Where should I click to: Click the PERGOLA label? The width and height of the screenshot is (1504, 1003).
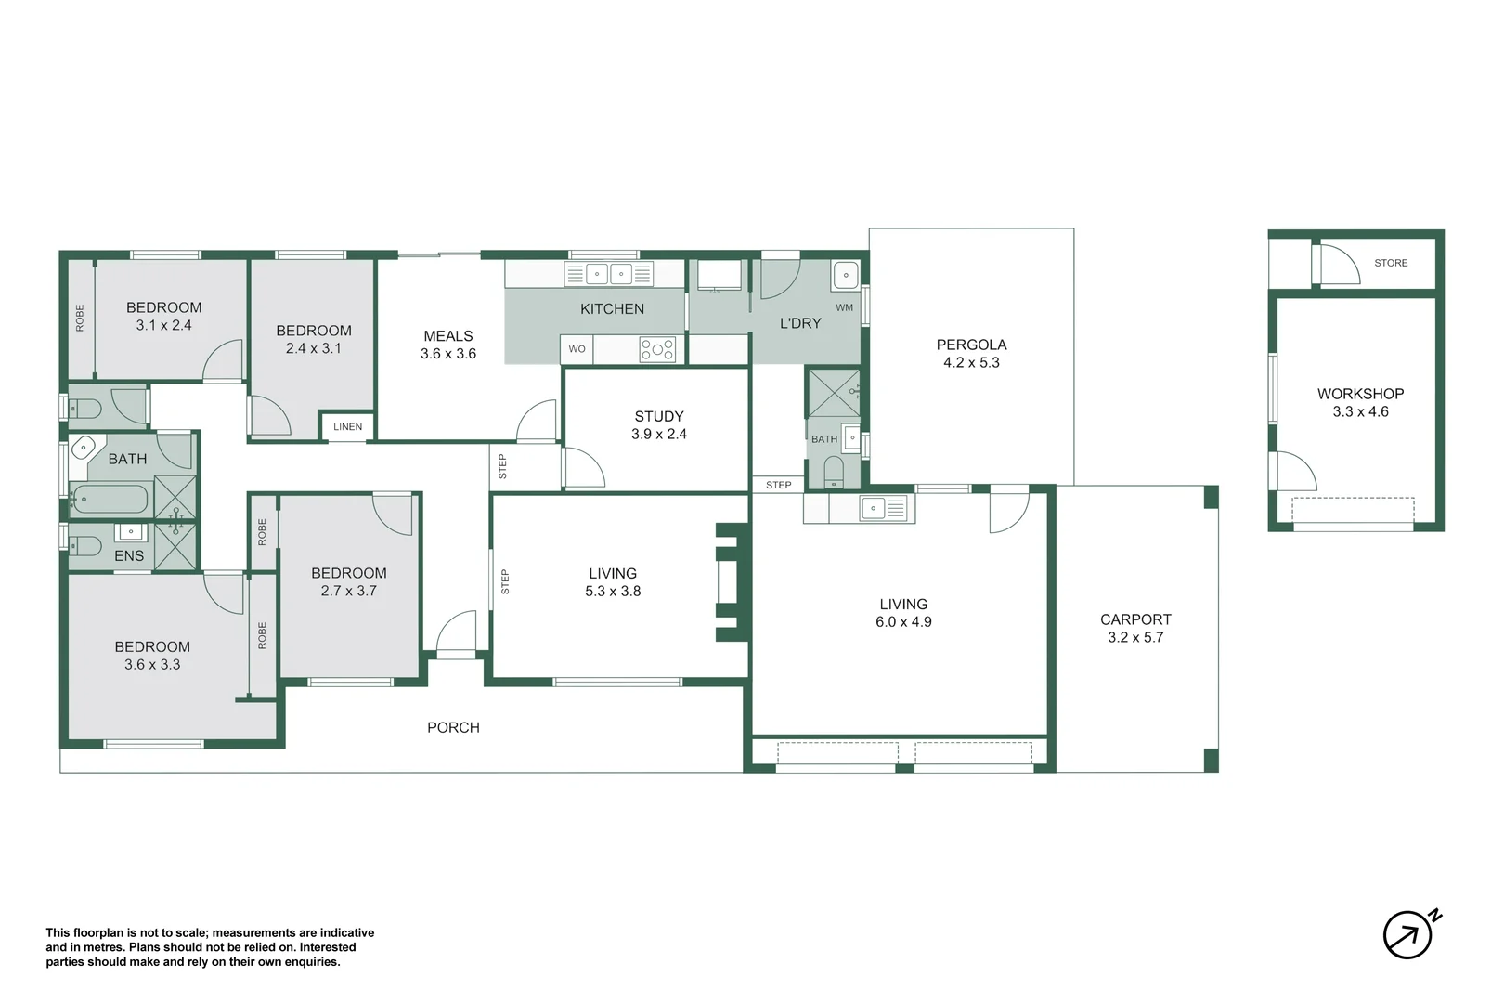pos(971,345)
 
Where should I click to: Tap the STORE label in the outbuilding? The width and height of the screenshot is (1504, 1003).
pos(1391,263)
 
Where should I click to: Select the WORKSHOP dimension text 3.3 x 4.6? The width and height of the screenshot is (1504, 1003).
pos(1360,411)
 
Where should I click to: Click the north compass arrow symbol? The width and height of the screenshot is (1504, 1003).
pos(1411,933)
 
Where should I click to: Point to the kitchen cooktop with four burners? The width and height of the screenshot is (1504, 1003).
pos(657,349)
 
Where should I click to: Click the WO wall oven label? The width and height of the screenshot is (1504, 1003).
pos(577,349)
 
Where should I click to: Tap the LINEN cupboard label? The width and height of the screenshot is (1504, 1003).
pos(348,426)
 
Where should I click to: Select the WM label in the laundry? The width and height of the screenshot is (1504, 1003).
pos(845,307)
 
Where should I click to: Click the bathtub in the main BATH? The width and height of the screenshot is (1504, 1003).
pos(110,500)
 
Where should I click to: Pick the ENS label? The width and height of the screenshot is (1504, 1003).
pos(129,555)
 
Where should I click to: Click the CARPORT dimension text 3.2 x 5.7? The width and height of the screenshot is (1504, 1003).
pos(1135,637)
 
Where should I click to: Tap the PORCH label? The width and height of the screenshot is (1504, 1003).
pos(453,727)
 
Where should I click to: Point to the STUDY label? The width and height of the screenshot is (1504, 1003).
pos(658,416)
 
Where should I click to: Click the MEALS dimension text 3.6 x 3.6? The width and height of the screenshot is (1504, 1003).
pos(448,354)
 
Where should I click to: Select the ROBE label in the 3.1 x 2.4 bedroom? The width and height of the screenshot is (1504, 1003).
pos(80,318)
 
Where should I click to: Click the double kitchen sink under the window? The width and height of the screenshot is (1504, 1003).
pos(609,274)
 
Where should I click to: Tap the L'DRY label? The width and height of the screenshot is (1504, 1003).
pos(800,323)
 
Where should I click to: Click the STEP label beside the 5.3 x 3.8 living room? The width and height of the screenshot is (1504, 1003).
pos(505,581)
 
